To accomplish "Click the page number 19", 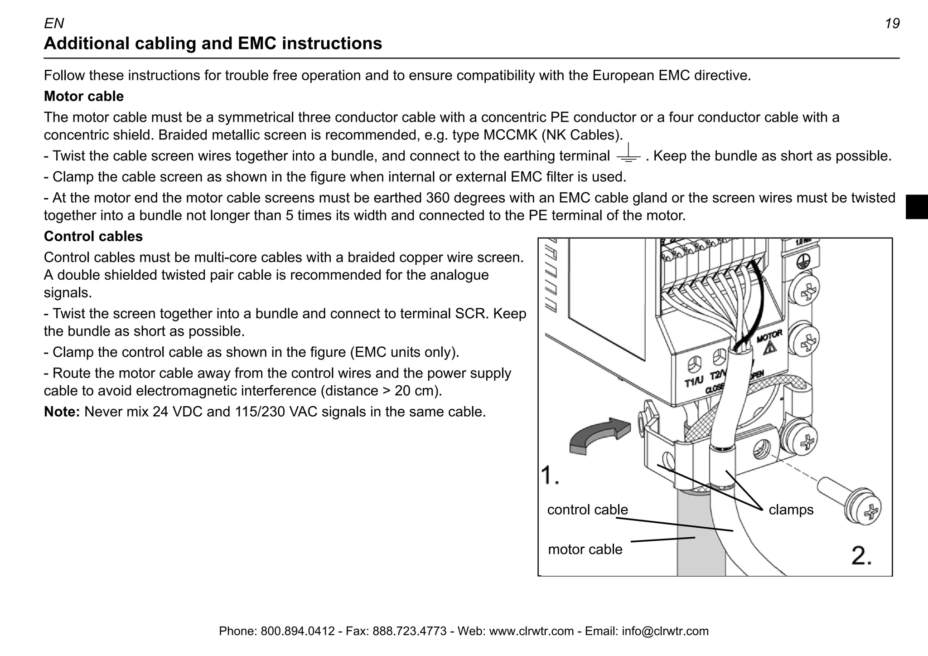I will [892, 24].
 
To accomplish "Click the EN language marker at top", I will [54, 24].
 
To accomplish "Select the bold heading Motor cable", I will [84, 97].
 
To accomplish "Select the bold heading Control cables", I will [93, 237].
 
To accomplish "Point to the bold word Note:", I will [62, 412].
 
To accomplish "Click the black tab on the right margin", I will [916, 207].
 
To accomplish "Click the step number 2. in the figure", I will [861, 556].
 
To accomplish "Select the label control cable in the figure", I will [587, 510].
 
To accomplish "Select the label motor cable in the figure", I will [585, 549].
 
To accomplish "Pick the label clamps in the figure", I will [791, 510].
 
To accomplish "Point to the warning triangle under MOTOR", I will [769, 348].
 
